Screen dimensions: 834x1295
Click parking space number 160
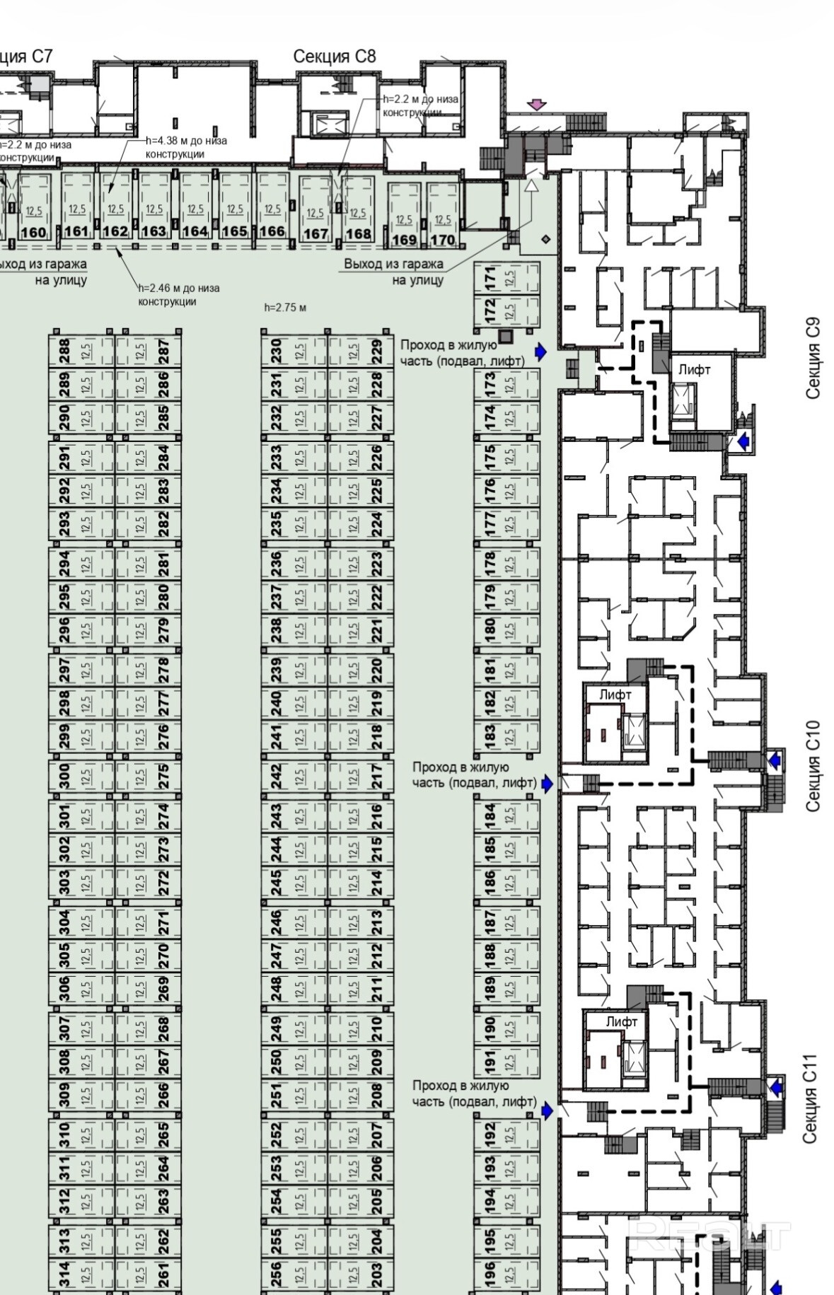pyautogui.click(x=33, y=209)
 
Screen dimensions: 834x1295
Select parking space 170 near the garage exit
pyautogui.click(x=443, y=216)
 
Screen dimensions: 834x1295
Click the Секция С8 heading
pyautogui.click(x=334, y=57)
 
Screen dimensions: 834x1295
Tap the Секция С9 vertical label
pyautogui.click(x=813, y=359)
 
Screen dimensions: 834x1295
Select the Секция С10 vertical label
pyautogui.click(x=813, y=765)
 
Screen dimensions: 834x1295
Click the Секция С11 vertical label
pyautogui.click(x=810, y=1099)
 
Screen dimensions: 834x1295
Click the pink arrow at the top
pyautogui.click(x=538, y=105)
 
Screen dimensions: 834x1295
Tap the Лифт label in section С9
pyautogui.click(x=694, y=369)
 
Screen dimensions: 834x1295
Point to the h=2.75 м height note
pyautogui.click(x=285, y=308)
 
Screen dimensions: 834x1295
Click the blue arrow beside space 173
pyautogui.click(x=541, y=352)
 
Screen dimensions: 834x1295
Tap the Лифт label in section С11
pyautogui.click(x=621, y=1021)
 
